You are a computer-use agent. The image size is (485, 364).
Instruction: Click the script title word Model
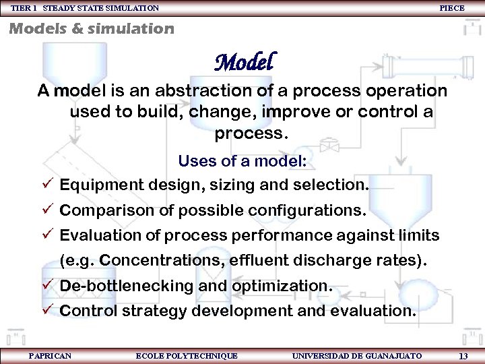coord(244,63)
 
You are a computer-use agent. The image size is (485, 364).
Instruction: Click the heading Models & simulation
coord(92,28)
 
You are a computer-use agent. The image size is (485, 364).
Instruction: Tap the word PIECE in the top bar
coord(451,8)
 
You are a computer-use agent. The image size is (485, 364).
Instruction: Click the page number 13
coord(463,355)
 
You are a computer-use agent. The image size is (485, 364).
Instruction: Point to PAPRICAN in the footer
coord(50,355)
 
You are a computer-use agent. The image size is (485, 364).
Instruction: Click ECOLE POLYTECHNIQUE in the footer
coord(187,355)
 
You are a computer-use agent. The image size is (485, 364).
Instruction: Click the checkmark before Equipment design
coord(46,185)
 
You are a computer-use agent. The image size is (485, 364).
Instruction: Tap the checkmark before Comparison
coord(46,210)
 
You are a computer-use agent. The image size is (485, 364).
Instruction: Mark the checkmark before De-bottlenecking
coord(46,286)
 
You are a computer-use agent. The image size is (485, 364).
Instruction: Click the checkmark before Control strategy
coord(46,311)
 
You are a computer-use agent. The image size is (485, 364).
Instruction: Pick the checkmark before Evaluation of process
coord(46,236)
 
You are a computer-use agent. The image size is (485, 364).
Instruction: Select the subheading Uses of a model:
coord(243,161)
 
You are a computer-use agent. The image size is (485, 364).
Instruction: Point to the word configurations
coord(308,210)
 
